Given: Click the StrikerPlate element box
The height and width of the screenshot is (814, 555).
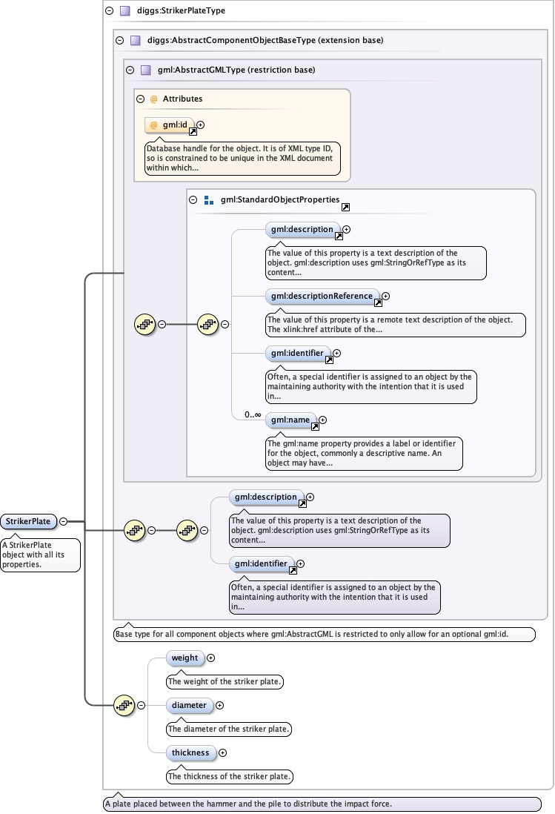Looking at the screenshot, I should (29, 521).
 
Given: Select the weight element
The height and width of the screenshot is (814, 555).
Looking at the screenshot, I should (185, 658).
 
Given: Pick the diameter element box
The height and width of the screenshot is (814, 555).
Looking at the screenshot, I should (190, 705).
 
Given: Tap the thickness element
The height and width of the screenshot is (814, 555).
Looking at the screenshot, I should (190, 752).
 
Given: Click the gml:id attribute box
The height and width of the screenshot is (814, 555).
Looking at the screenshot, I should (169, 125).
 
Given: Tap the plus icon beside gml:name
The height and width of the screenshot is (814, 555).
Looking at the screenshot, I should (322, 420).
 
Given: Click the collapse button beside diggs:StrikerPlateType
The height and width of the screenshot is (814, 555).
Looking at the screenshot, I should (110, 11).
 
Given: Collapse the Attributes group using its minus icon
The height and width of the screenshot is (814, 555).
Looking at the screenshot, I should (141, 99).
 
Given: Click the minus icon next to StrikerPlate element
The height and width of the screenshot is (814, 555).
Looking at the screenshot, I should (63, 521).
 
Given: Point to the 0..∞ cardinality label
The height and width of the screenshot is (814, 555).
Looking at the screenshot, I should (253, 414).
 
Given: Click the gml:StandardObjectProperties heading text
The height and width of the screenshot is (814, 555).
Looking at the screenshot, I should (280, 200).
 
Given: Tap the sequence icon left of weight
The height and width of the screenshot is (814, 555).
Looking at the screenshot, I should (123, 705).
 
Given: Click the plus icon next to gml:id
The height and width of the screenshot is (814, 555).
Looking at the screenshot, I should (201, 125).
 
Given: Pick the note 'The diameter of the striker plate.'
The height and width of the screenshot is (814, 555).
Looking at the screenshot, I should (229, 729).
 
